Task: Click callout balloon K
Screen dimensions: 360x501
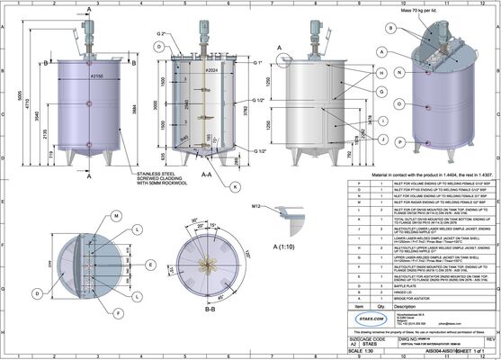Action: coord(236,186)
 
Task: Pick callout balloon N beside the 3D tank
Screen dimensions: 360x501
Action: coord(382,71)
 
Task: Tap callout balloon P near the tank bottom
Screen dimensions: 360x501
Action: coord(382,141)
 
